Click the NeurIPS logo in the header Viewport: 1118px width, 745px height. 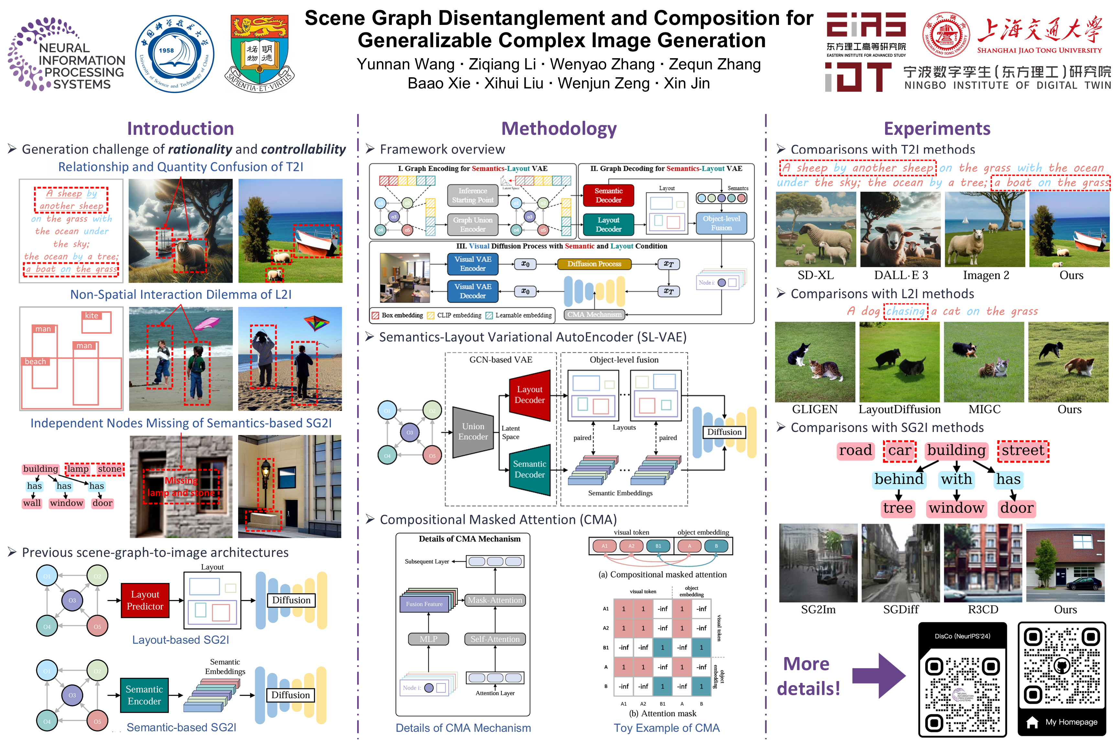click(x=67, y=55)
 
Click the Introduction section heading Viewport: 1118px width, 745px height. click(x=180, y=129)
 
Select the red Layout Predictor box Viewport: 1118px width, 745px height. click(x=145, y=600)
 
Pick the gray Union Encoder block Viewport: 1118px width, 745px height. click(x=473, y=431)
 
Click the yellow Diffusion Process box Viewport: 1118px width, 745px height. click(x=594, y=264)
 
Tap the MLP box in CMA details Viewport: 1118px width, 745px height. click(x=428, y=639)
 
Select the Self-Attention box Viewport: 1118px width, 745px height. click(x=495, y=639)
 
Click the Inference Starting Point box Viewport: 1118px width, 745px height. click(x=473, y=195)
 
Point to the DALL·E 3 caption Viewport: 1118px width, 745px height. click(x=901, y=275)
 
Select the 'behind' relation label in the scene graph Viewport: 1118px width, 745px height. click(x=899, y=479)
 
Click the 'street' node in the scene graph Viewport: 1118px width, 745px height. click(x=1023, y=450)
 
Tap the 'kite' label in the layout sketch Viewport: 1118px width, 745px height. click(x=92, y=316)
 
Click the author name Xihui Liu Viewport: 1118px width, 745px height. click(x=513, y=83)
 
